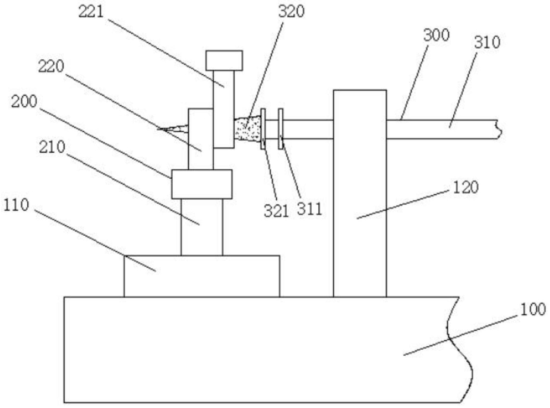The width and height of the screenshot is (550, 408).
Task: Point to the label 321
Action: pos(276,210)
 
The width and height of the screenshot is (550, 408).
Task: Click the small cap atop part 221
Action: pos(224,59)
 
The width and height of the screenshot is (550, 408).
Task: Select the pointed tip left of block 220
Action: pos(172,128)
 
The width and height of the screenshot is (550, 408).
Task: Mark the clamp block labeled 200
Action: pos(201,184)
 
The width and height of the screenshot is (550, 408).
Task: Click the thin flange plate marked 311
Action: pos(281,129)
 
